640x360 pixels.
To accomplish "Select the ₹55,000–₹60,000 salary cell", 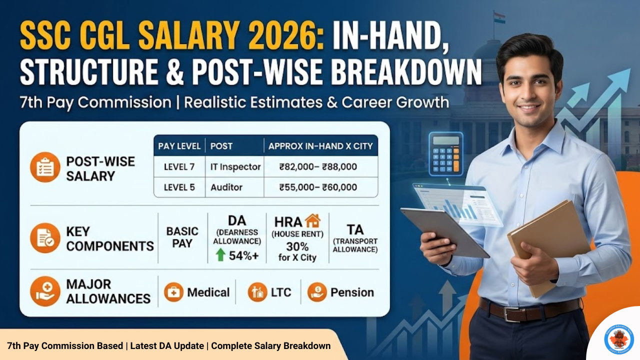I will [318, 187].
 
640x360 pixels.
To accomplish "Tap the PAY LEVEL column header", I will [179, 146].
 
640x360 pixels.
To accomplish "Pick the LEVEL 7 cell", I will [179, 166].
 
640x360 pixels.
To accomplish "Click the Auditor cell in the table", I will [226, 187].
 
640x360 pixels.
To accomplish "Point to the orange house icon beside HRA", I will [312, 220].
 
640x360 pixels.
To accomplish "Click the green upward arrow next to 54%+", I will [220, 255].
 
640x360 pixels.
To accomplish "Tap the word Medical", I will [208, 292].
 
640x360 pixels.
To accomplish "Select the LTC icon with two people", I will [257, 292].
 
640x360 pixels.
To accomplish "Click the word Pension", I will [352, 292].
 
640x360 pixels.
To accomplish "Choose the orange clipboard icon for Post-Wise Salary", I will [45, 167].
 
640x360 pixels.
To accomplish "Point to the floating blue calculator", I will [445, 153].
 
